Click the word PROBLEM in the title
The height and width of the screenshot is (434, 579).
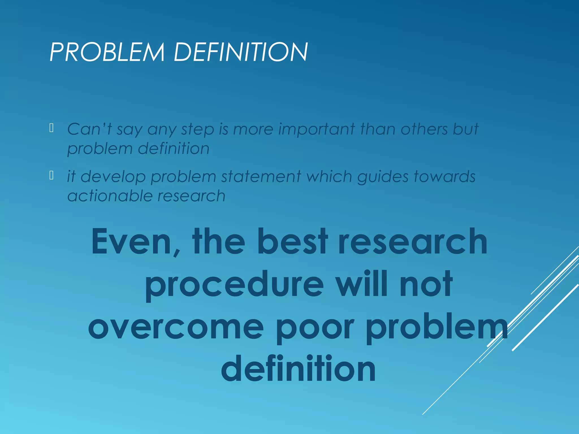107,52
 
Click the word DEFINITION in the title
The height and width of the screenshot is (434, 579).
241,52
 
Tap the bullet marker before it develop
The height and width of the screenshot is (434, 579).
51,175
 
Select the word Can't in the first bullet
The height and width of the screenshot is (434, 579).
89,129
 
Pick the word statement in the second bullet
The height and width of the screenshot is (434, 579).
261,177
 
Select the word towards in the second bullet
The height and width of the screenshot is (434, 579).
445,177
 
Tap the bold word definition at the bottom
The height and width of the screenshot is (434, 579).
298,369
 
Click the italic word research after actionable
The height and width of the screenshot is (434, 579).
191,196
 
